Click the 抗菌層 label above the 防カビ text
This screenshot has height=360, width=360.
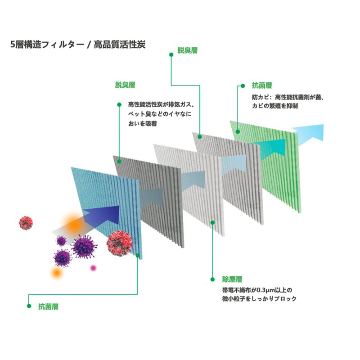pos(262,85)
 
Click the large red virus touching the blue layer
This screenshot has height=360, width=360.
pos(119,244)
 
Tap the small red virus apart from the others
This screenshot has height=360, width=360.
pos(26,222)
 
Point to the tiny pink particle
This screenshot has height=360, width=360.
pos(94,268)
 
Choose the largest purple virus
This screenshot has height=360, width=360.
pos(83,246)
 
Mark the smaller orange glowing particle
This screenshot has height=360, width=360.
pos(56,272)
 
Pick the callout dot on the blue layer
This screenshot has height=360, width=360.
pos(138,255)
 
